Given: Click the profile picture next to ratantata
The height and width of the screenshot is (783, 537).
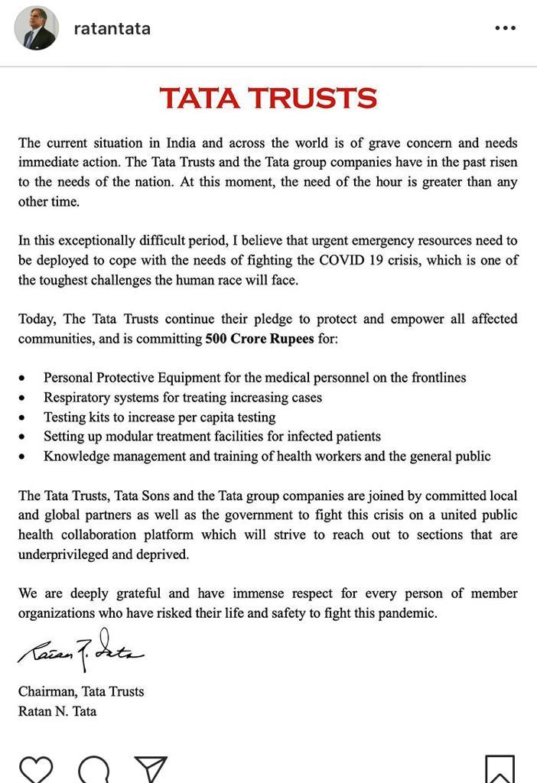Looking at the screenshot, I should point(36,29).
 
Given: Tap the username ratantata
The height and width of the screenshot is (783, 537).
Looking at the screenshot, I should point(112,29).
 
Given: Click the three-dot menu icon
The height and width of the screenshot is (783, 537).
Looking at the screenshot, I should point(505,28).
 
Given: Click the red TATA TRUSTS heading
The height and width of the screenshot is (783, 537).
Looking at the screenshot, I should point(268,99).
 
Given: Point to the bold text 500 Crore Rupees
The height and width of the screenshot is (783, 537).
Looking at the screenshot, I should point(259,338).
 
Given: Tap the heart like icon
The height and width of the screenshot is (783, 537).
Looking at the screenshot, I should point(35,768).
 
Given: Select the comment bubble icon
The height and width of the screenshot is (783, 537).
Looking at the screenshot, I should point(93,769).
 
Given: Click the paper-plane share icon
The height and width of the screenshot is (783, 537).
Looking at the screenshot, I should point(151,769).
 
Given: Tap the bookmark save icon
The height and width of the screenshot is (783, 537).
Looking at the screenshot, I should point(500,769).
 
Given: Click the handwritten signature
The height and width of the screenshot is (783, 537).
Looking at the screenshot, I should point(80,651).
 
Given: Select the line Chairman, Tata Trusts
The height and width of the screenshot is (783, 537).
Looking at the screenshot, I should point(81,691).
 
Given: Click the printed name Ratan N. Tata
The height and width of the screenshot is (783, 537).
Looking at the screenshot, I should point(57,711).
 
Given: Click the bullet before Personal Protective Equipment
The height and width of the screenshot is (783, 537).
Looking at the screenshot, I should point(22,379).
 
